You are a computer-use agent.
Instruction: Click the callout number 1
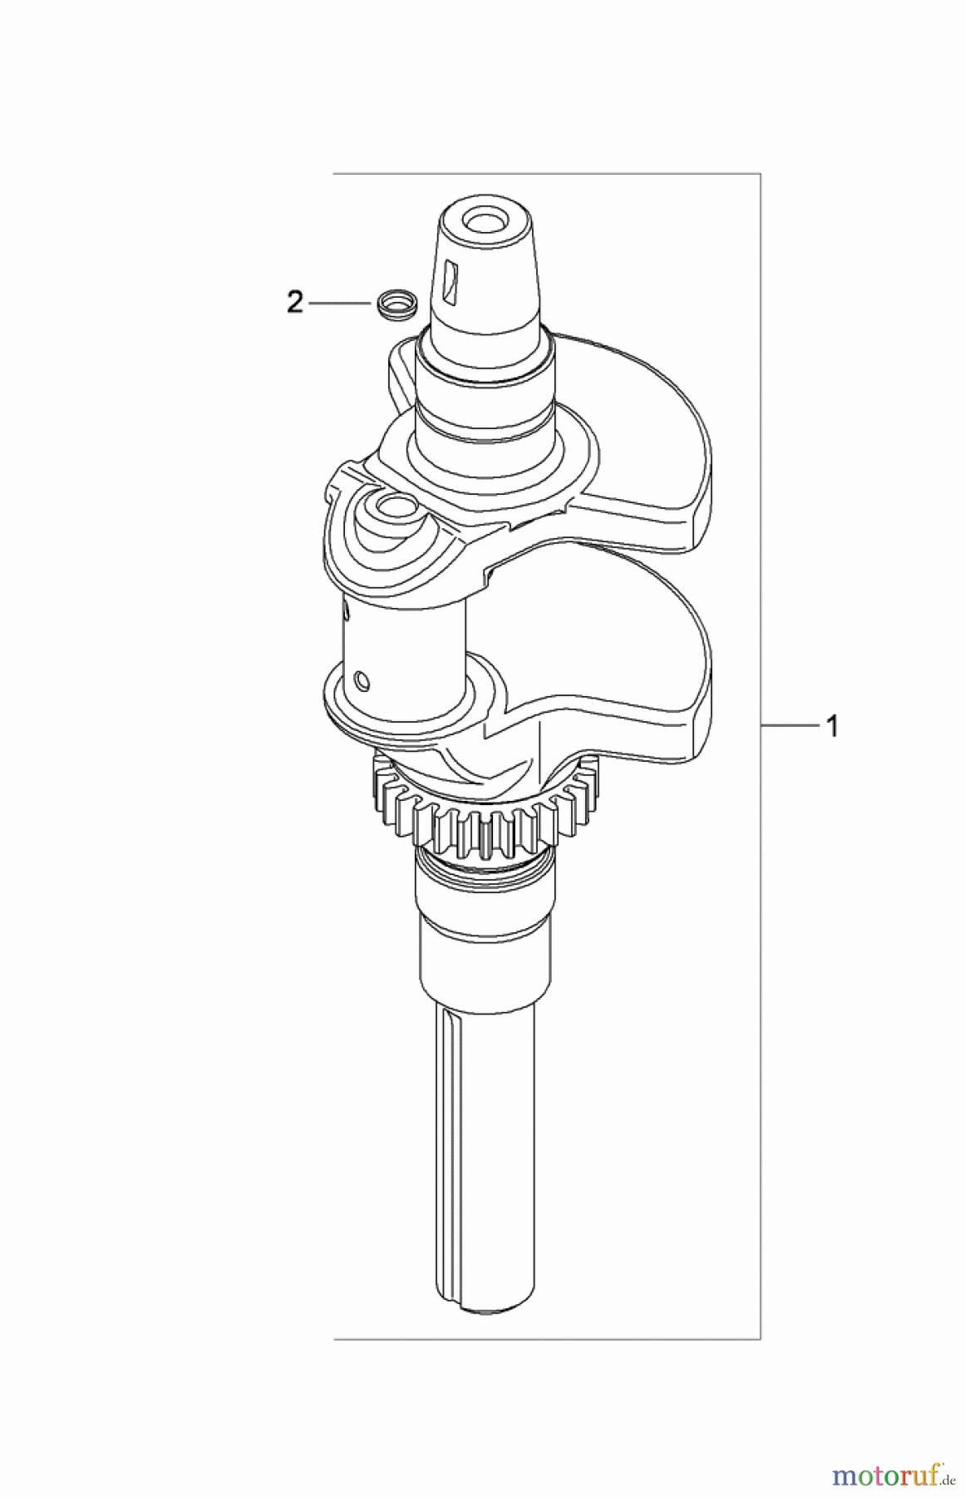[x=830, y=726]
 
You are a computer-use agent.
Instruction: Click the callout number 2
[x=294, y=304]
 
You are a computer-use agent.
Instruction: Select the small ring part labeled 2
[x=395, y=304]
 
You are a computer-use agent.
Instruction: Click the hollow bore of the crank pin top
[x=391, y=506]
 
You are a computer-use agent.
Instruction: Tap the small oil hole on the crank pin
[x=360, y=682]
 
